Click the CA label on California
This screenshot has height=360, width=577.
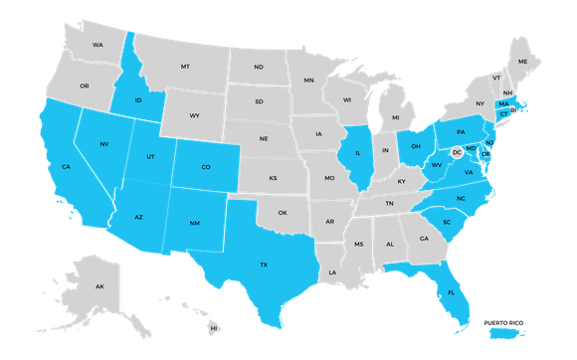tap(65, 167)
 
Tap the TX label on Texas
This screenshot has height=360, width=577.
tap(264, 265)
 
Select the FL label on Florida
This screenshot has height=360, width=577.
tap(452, 295)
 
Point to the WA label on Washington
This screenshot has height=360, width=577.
tap(97, 46)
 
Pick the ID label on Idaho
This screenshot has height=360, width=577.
tap(139, 100)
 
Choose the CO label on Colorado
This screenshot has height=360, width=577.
tap(206, 167)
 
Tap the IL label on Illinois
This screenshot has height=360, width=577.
tap(357, 153)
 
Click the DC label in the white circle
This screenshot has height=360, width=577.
tap(457, 152)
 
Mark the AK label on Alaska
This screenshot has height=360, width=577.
tap(99, 286)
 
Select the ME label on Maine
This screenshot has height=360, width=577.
tap(523, 62)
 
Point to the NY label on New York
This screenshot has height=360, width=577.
tap(480, 103)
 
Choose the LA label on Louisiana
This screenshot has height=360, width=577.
tap(334, 271)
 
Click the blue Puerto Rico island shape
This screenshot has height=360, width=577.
tap(508, 332)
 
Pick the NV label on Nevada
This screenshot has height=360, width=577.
tap(103, 145)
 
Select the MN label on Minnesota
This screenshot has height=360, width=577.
tap(309, 80)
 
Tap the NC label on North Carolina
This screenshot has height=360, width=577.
tap(460, 198)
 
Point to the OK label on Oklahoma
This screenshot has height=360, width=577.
tap(283, 212)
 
